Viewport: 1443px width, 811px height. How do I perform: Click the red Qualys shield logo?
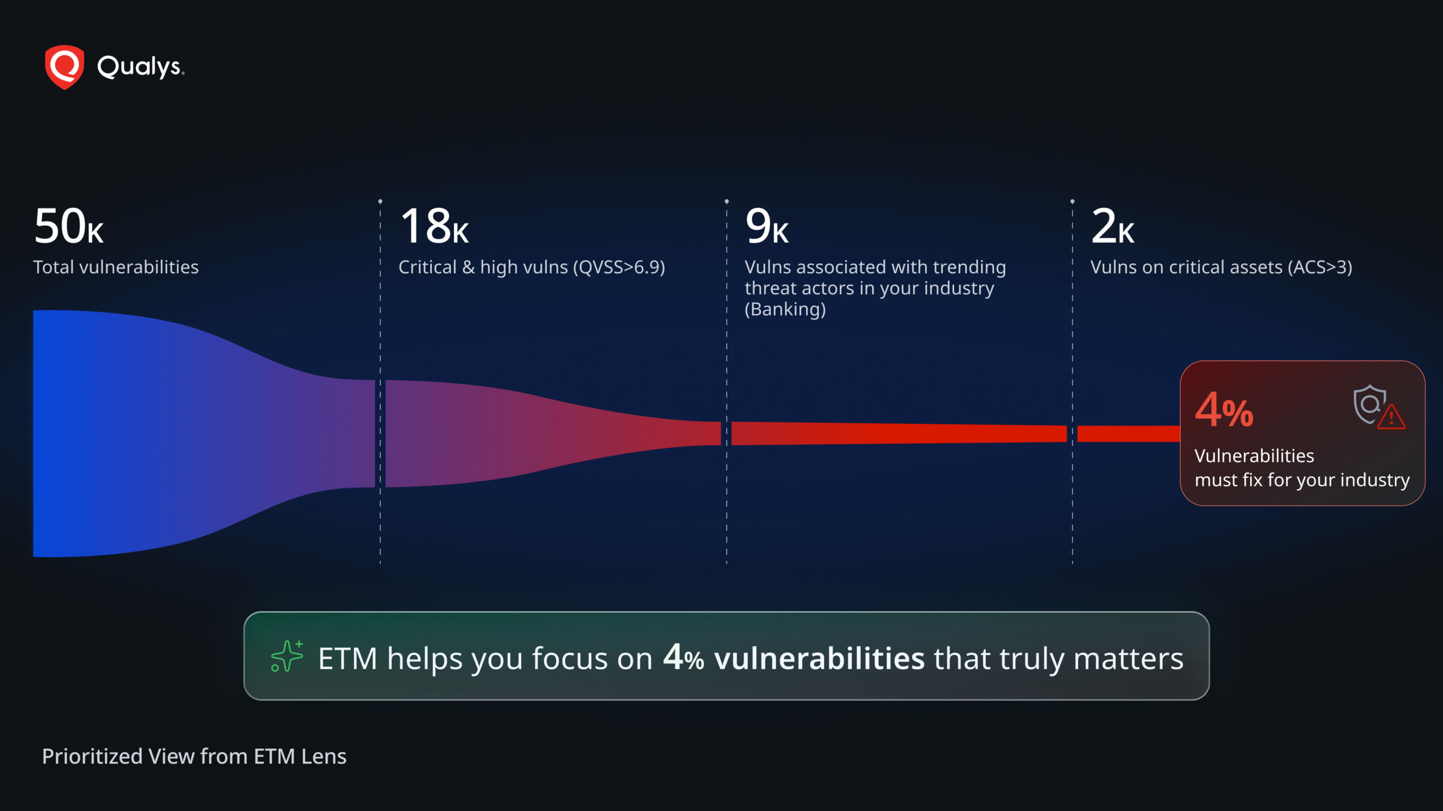(x=65, y=67)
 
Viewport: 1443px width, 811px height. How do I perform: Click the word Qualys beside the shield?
(x=140, y=67)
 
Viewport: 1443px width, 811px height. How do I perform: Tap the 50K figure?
(x=69, y=226)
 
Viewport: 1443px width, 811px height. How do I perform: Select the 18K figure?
(x=434, y=226)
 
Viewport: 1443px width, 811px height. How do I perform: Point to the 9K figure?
(x=767, y=226)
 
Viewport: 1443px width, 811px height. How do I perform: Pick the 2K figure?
(x=1113, y=226)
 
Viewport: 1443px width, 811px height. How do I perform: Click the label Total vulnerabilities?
(x=116, y=267)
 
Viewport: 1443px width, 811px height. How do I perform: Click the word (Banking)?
(x=785, y=309)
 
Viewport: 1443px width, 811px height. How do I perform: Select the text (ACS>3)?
(x=1320, y=268)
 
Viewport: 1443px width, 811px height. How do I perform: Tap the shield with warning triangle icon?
(x=1379, y=407)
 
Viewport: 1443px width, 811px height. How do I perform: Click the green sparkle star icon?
(x=287, y=656)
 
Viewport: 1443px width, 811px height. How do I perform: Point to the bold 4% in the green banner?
(x=683, y=657)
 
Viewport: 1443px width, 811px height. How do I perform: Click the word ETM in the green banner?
(x=347, y=658)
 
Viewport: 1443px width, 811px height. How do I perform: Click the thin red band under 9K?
(x=899, y=434)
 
